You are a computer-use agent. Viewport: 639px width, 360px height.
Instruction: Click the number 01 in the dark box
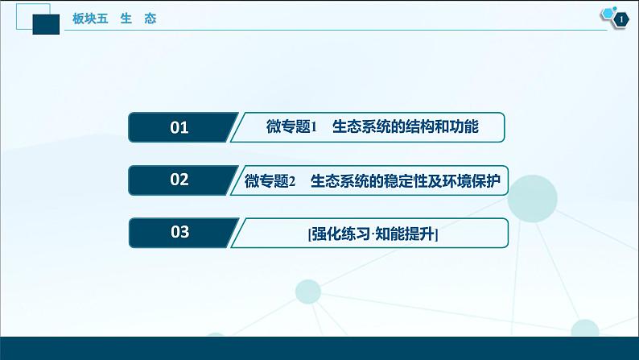[x=179, y=127]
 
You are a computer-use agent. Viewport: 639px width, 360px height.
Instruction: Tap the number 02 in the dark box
[x=179, y=180]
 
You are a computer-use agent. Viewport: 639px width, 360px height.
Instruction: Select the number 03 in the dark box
[x=179, y=232]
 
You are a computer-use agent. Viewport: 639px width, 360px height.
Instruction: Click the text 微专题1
[x=291, y=126]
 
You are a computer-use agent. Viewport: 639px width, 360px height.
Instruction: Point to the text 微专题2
[x=270, y=180]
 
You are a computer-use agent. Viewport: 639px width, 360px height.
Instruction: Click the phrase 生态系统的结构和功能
[x=406, y=126]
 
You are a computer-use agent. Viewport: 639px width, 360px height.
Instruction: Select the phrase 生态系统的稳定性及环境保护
[x=406, y=180]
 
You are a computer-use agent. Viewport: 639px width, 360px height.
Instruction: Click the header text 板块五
[x=90, y=19]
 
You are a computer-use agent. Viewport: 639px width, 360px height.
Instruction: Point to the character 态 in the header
[x=150, y=19]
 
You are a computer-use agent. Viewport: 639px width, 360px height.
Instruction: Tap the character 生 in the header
[x=126, y=19]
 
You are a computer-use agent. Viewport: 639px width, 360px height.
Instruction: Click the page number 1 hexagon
[x=621, y=19]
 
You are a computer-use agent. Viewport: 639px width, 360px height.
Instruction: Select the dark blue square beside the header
[x=46, y=24]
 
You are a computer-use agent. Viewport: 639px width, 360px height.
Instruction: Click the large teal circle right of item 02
[x=532, y=199]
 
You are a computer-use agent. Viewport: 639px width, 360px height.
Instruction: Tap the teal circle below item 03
[x=308, y=292]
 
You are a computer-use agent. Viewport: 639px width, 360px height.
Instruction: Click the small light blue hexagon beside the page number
[x=608, y=13]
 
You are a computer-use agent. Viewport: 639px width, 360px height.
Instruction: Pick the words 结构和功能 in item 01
[x=442, y=126]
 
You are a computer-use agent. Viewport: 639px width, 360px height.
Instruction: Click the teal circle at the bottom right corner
[x=585, y=329]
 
